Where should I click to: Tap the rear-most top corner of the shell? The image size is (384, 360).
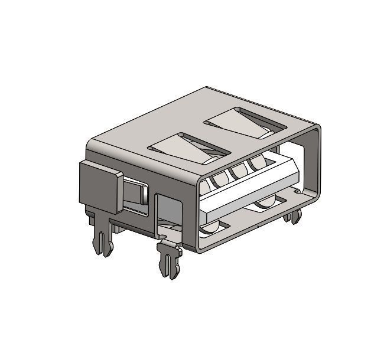click(206, 89)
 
